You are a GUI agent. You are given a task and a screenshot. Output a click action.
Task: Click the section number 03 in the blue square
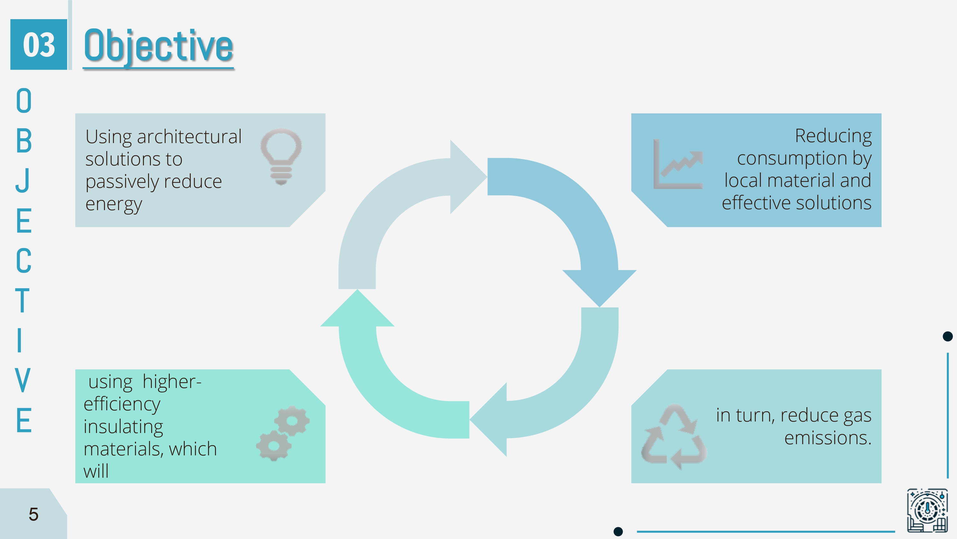(x=39, y=45)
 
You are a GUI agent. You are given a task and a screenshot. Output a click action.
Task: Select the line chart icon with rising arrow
(x=678, y=164)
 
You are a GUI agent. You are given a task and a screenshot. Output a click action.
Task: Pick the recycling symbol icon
(x=673, y=437)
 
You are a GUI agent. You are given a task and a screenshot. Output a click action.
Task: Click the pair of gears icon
(x=283, y=434)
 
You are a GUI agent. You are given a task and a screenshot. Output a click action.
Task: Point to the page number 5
(x=33, y=514)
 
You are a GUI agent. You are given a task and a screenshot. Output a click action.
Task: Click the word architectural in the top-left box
(x=189, y=137)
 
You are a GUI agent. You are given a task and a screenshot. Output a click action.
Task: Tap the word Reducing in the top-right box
(x=833, y=136)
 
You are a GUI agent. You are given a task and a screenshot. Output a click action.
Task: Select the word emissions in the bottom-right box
(x=828, y=438)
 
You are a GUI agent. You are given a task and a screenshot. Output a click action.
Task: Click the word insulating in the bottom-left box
(x=123, y=427)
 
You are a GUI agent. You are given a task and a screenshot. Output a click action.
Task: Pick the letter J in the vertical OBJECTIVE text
(x=23, y=180)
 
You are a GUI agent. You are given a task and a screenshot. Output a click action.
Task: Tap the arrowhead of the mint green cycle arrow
(x=357, y=308)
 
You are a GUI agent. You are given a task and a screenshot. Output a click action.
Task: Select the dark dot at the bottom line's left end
(x=618, y=531)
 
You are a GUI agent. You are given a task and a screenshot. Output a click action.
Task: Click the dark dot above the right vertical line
(x=948, y=336)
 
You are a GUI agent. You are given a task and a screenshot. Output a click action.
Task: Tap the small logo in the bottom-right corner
(x=927, y=510)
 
